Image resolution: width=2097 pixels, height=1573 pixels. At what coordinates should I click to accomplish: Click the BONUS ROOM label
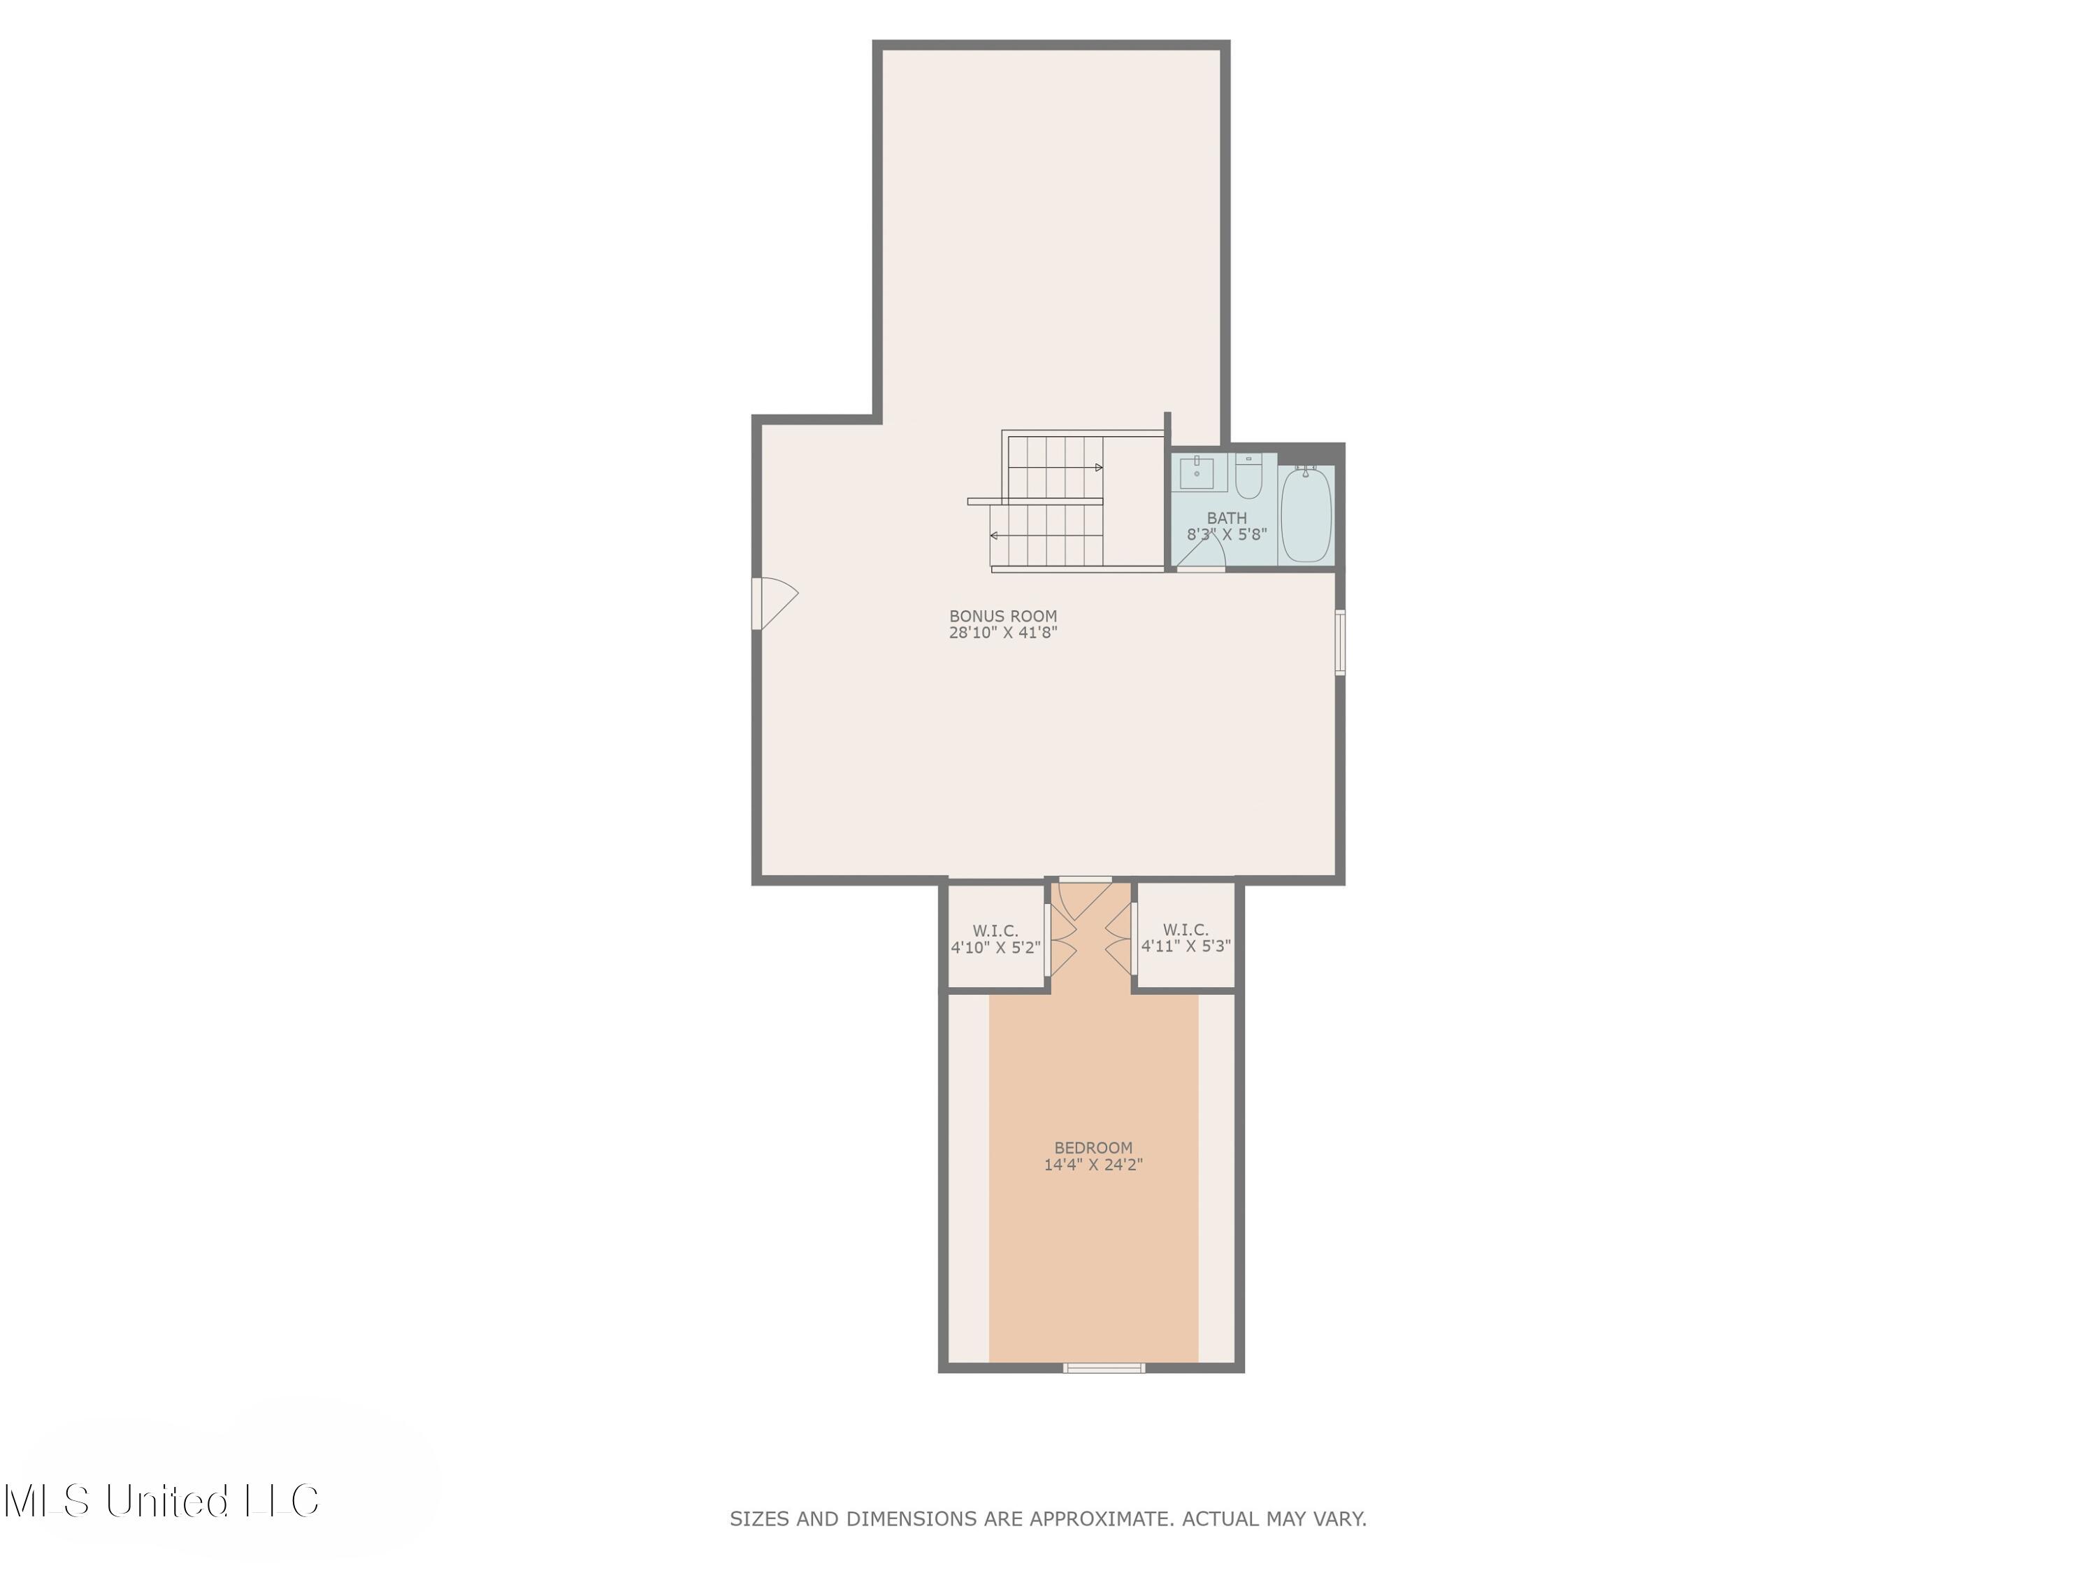(1003, 615)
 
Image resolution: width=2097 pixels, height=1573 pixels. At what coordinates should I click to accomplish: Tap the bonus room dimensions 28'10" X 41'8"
(1003, 633)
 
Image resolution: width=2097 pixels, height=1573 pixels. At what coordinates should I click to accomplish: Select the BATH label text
(1227, 518)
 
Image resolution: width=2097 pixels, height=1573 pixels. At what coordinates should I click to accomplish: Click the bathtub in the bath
(1306, 515)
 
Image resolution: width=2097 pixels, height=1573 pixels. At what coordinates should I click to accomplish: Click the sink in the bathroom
(1197, 472)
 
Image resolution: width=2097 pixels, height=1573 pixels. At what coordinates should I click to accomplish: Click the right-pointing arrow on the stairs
(1098, 468)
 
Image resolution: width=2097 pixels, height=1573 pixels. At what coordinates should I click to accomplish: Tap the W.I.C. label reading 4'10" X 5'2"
(995, 939)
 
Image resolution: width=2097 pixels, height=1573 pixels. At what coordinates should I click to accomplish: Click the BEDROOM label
(1093, 1147)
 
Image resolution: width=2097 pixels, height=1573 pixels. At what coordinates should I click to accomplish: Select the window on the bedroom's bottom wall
(1104, 1367)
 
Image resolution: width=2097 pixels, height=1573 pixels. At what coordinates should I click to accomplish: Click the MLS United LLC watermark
(161, 1501)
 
